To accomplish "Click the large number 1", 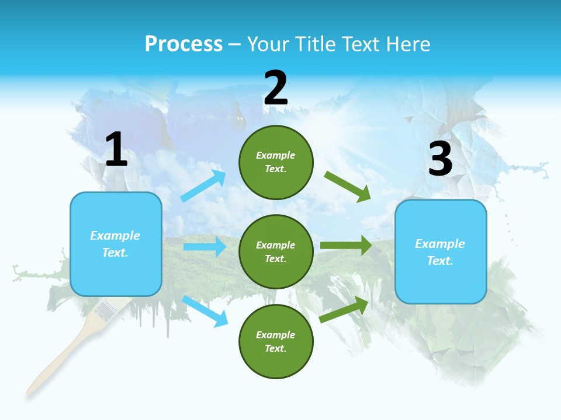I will pos(116,150).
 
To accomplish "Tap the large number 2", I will pos(276,88).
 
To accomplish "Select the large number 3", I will pos(441,159).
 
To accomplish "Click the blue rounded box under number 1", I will pos(116,244).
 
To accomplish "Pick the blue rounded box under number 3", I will pos(441,251).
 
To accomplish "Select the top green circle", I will pos(276,162).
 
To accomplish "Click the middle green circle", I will pos(276,251).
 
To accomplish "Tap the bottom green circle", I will pos(276,341).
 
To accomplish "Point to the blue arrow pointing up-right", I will pos(203,185).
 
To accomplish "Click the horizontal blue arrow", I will pos(205,247).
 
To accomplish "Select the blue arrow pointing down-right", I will pos(205,311).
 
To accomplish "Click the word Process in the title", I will pos(183,44).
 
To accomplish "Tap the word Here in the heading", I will pos(408,44).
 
